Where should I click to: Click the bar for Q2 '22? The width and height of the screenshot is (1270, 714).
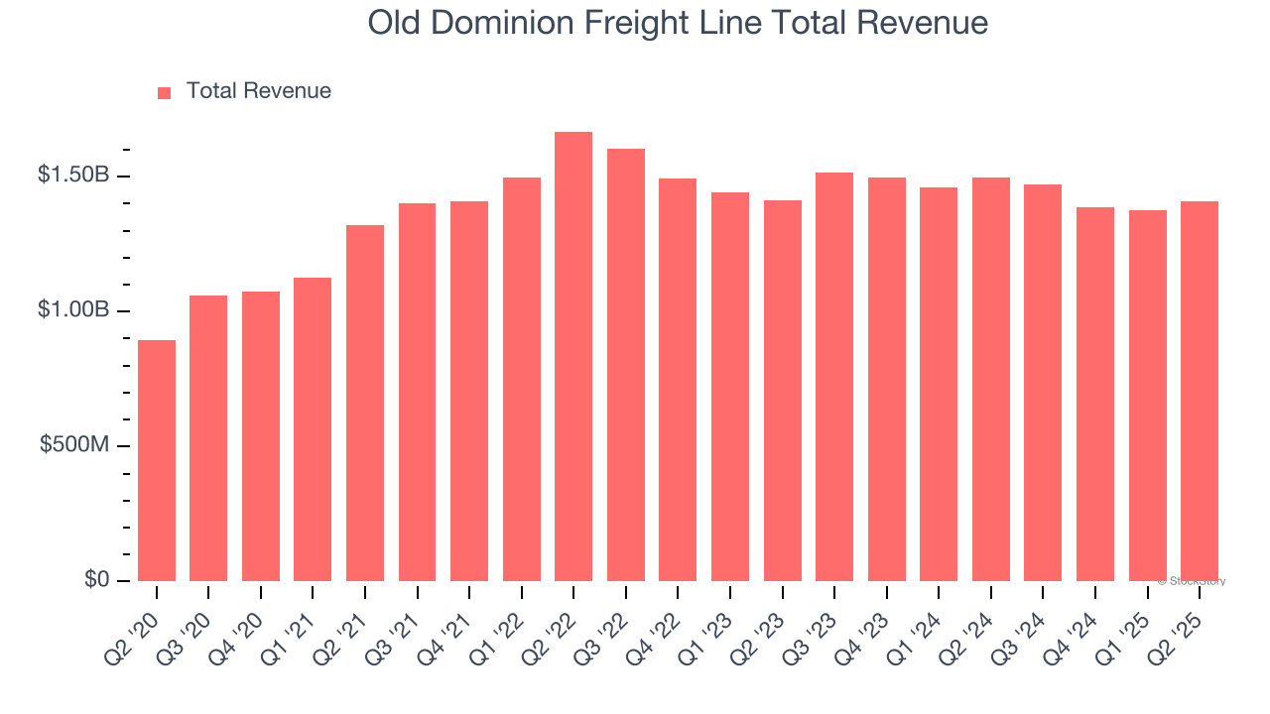[x=573, y=357]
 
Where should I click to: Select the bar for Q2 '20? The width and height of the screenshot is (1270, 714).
[x=157, y=461]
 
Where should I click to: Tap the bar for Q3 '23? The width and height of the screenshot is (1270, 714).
[x=834, y=377]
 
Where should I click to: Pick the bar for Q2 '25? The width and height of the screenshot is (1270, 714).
[x=1200, y=392]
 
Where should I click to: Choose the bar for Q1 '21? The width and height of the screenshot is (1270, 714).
[x=313, y=429]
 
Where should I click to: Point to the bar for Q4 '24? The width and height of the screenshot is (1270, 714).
[x=1095, y=395]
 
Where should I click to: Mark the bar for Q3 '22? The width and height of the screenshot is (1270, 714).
[x=626, y=365]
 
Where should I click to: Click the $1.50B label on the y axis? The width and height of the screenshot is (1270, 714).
[x=72, y=176]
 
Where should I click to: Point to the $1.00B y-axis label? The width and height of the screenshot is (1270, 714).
[x=72, y=310]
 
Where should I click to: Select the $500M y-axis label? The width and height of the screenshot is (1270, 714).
[x=74, y=445]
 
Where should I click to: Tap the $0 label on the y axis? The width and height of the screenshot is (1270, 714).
[x=95, y=579]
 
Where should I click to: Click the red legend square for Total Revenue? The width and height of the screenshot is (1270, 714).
[x=165, y=92]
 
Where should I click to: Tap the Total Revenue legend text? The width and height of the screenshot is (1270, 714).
[x=259, y=91]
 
